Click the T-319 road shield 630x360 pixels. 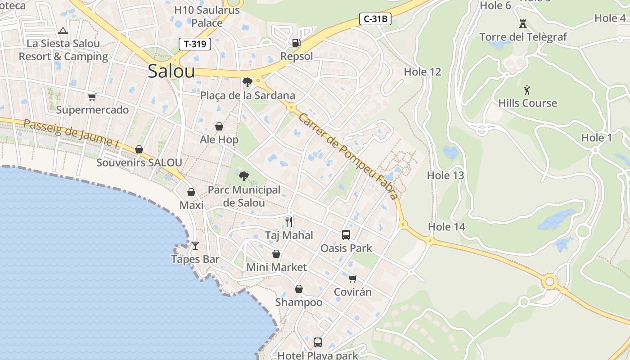[195, 44]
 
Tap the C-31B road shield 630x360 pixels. [375, 19]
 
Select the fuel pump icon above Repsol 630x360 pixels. [296, 43]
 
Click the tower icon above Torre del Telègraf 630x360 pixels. [523, 23]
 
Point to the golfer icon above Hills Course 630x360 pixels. [527, 90]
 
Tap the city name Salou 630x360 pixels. [171, 71]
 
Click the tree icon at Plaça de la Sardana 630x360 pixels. [247, 82]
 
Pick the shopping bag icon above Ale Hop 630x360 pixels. [219, 126]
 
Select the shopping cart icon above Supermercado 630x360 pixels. [92, 97]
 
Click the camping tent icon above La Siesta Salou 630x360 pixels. [63, 31]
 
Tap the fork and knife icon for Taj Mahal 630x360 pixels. [289, 222]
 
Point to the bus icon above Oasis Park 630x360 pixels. [346, 234]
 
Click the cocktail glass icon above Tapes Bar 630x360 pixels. [195, 246]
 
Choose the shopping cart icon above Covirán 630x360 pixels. [352, 279]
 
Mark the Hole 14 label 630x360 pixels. [446, 227]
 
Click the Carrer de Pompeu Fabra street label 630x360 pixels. [348, 156]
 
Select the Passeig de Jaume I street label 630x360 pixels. [71, 133]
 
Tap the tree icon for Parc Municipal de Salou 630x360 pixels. [244, 176]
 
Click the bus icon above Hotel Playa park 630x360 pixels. [317, 342]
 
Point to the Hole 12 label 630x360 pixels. [422, 72]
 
